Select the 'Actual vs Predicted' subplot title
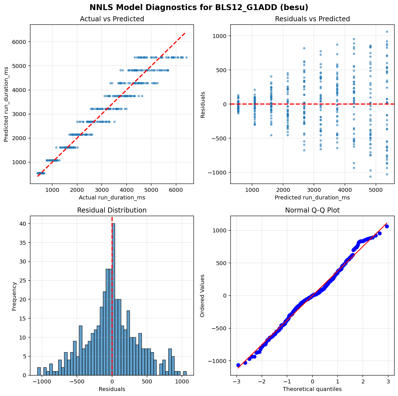[112, 19]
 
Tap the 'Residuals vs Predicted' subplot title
[312, 19]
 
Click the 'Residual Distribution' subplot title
[112, 210]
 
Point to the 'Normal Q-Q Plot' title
[312, 210]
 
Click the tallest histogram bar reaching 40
[113, 299]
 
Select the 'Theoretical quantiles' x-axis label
[312, 389]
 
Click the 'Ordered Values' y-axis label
[202, 296]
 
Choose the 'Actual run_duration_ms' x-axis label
[112, 198]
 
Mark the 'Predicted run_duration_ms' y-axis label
[6, 104]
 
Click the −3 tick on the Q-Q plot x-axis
[237, 382]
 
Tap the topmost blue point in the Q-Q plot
[387, 226]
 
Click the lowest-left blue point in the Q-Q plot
[238, 365]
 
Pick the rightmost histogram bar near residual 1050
[185, 373]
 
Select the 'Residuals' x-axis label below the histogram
[112, 389]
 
